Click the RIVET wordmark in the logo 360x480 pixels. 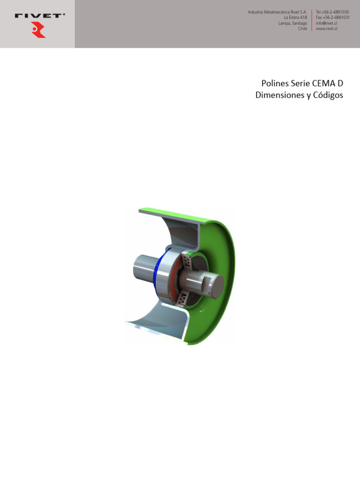(40, 15)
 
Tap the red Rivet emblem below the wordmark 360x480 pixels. (38, 31)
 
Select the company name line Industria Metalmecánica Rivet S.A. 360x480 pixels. (277, 12)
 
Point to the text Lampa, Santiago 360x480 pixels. (292, 23)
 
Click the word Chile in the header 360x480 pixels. (302, 29)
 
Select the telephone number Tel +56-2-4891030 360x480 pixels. (333, 12)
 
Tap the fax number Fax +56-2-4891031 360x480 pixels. (333, 17)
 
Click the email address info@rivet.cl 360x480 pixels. (327, 23)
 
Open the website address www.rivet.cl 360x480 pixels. (327, 29)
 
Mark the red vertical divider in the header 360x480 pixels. (312, 20)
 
